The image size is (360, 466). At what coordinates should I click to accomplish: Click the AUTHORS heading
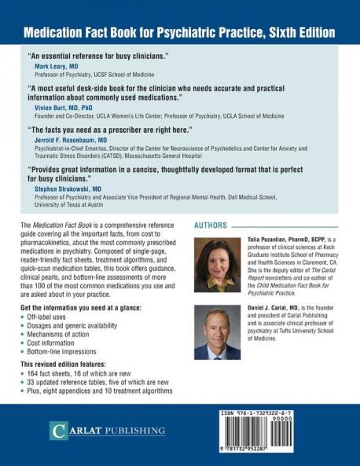(215, 225)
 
